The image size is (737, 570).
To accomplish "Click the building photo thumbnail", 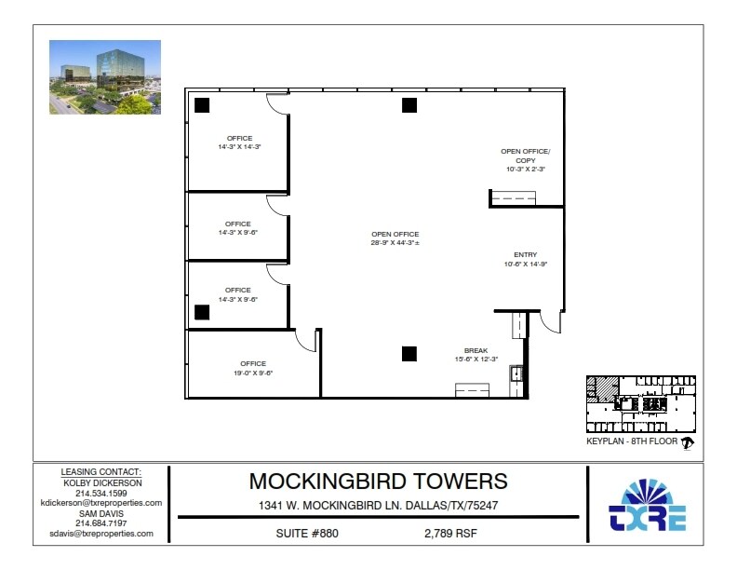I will pos(105,77).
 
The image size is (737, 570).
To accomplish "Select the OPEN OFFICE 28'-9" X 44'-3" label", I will pos(395,238).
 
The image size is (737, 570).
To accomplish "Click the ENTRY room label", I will pos(525,259).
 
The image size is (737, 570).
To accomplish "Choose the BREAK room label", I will pos(476,355).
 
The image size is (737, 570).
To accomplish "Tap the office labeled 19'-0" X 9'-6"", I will pos(252,368).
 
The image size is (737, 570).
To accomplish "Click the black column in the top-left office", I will pos(202,105).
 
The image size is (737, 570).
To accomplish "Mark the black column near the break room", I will pos(409,352).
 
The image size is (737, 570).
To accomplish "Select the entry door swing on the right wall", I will pos(552,322).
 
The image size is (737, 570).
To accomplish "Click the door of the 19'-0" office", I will pos(307,342).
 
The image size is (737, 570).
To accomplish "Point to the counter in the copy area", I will pos(514,197).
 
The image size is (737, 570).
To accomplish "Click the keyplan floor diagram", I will pos(640,401).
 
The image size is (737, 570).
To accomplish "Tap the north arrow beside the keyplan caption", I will pos(688,442).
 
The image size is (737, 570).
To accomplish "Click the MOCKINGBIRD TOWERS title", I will pos(378,481).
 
